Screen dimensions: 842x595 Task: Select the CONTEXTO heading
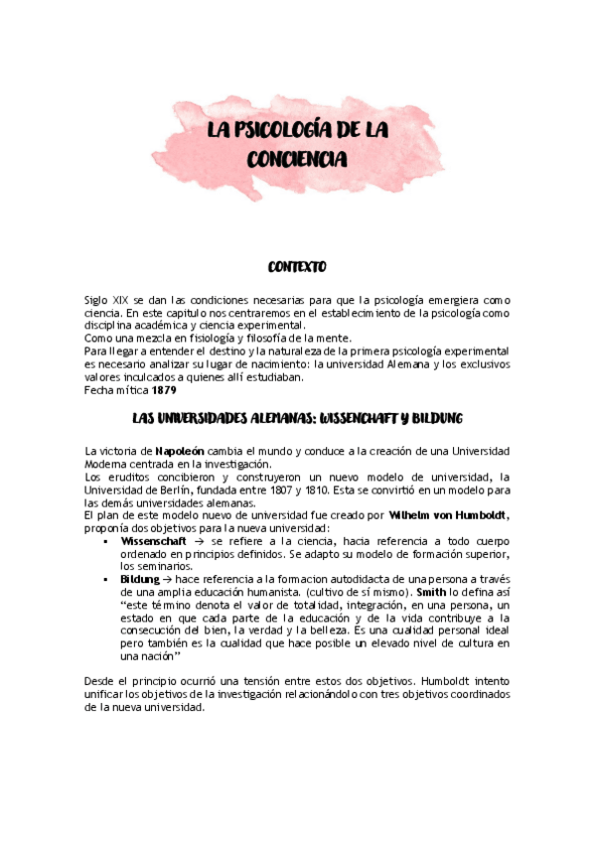point(297,267)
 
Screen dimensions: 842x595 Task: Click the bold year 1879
point(166,389)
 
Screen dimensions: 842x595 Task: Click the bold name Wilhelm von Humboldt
point(449,516)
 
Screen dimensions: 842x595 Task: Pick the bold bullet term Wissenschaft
point(153,542)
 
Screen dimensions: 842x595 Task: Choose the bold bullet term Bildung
point(139,577)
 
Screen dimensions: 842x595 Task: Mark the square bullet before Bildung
point(105,578)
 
